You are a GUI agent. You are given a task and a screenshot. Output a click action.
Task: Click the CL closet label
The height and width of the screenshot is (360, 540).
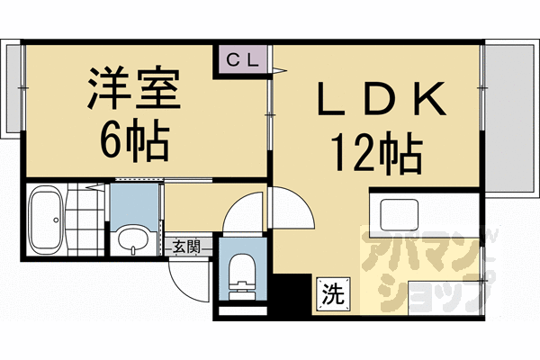click(x=238, y=60)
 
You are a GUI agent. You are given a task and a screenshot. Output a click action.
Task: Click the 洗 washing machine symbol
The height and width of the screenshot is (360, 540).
click(x=332, y=293)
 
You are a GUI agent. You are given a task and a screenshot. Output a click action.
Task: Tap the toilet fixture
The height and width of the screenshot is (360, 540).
click(x=242, y=271)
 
